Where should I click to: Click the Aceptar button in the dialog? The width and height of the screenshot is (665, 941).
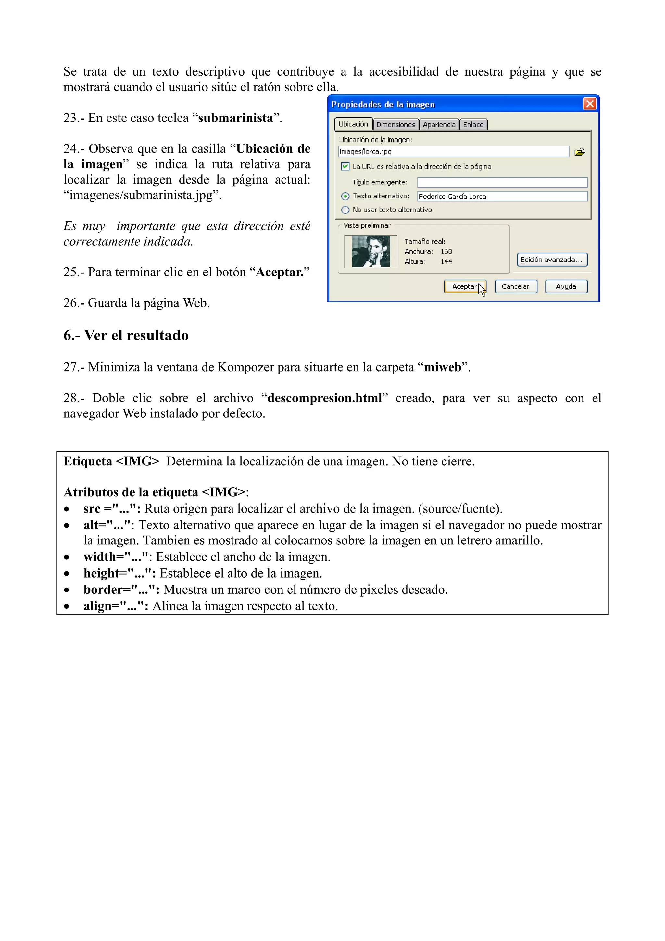click(x=464, y=286)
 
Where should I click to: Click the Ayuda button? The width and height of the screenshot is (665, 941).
click(x=566, y=286)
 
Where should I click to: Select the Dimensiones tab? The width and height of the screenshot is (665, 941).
click(x=395, y=125)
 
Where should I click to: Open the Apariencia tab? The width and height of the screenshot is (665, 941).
click(x=439, y=125)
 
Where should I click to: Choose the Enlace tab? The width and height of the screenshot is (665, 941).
click(x=473, y=125)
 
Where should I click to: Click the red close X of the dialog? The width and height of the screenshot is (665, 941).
click(x=590, y=104)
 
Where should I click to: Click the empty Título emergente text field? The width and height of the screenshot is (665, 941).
click(x=502, y=182)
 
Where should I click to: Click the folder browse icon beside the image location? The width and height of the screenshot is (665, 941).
click(x=579, y=152)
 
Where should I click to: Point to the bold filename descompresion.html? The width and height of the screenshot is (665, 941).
click(x=324, y=398)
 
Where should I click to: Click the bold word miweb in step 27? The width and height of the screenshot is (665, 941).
click(x=443, y=367)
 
